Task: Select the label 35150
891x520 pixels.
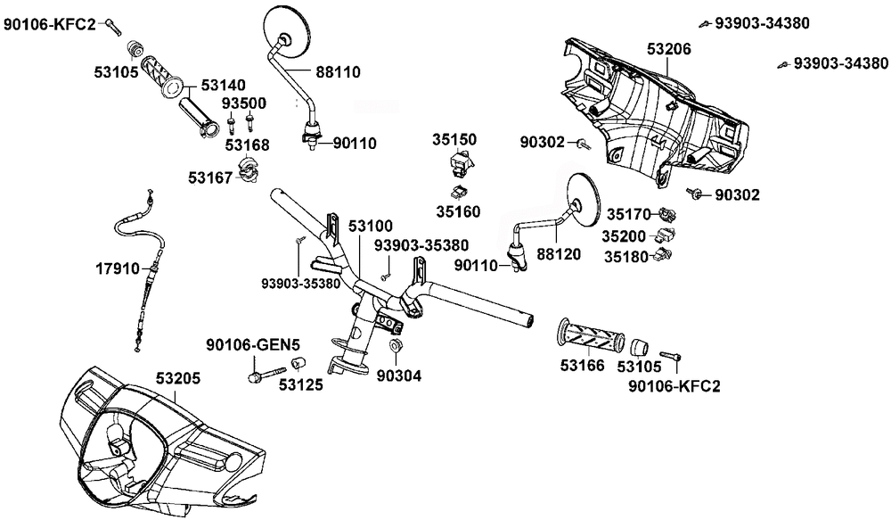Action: coord(455,139)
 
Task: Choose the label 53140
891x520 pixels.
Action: coord(223,86)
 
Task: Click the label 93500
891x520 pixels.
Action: coord(244,103)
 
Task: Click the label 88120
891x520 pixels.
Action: coord(553,253)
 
